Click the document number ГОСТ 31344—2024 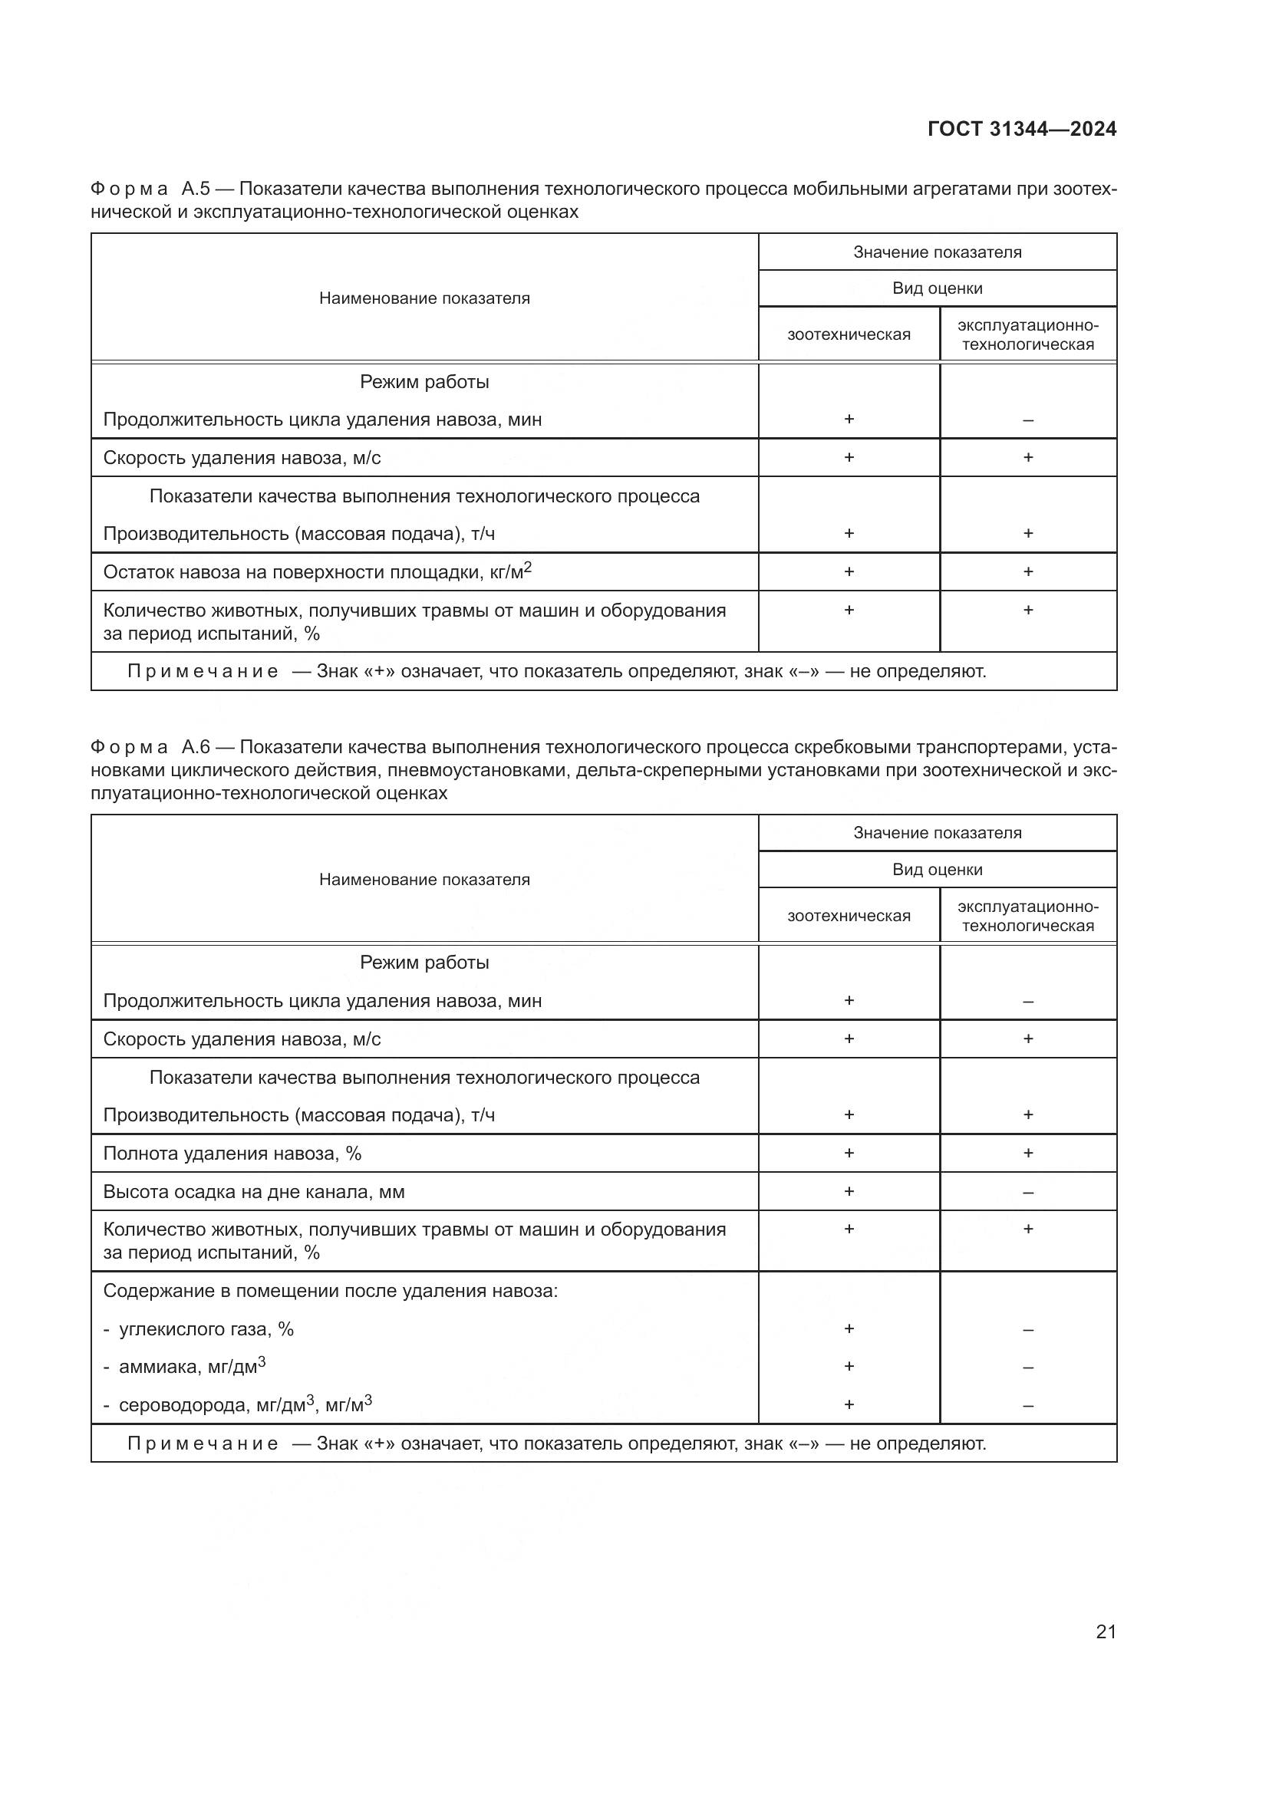pyautogui.click(x=1021, y=129)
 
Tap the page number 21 pyautogui.click(x=1106, y=1631)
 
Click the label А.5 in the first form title pyautogui.click(x=196, y=189)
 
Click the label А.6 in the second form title pyautogui.click(x=196, y=748)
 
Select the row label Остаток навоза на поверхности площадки pyautogui.click(x=316, y=572)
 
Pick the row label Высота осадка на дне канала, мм pyautogui.click(x=253, y=1192)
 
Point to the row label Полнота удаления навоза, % pyautogui.click(x=232, y=1154)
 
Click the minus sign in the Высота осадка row pyautogui.click(x=1027, y=1193)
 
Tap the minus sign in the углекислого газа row pyautogui.click(x=1027, y=1329)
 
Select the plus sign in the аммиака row pyautogui.click(x=849, y=1367)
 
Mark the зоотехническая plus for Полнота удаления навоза pyautogui.click(x=849, y=1154)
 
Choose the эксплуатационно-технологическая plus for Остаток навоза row pyautogui.click(x=1027, y=572)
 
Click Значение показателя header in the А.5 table pyautogui.click(x=937, y=252)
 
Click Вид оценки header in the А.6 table pyautogui.click(x=937, y=870)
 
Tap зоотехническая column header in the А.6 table pyautogui.click(x=849, y=916)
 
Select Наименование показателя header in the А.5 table pyautogui.click(x=424, y=298)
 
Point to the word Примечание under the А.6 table pyautogui.click(x=203, y=1443)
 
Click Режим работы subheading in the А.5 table pyautogui.click(x=424, y=382)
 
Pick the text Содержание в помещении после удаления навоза pyautogui.click(x=330, y=1291)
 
